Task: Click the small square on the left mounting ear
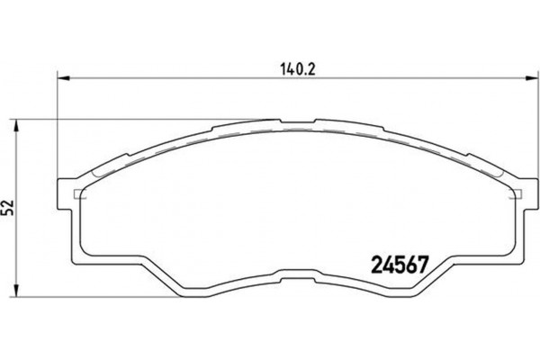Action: pyautogui.click(x=76, y=194)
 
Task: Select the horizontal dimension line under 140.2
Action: pyautogui.click(x=180, y=79)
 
